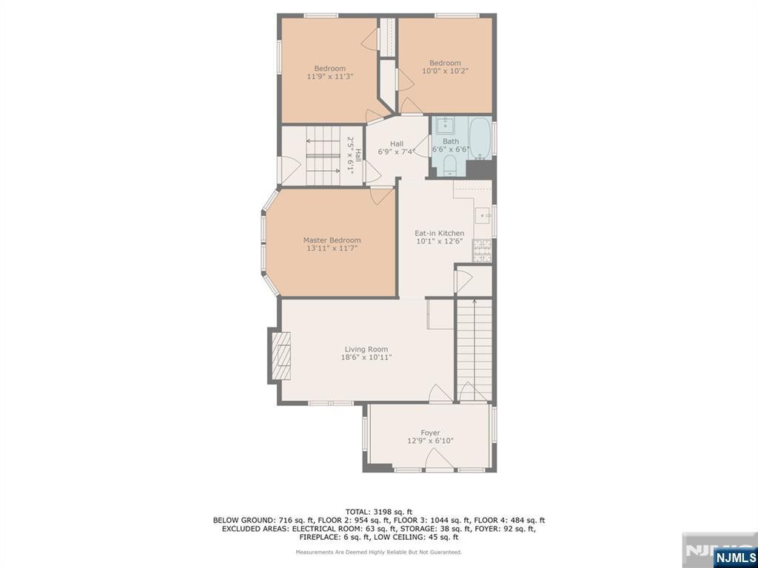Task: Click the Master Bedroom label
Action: pos(332,240)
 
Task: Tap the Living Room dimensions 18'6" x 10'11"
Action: pos(366,357)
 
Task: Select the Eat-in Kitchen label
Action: pos(439,234)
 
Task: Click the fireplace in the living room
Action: pos(282,354)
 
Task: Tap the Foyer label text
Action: pos(430,433)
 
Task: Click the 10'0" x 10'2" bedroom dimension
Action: pos(445,71)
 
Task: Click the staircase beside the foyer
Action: pos(474,348)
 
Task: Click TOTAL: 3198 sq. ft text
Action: pos(379,511)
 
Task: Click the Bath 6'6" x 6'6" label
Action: pos(451,145)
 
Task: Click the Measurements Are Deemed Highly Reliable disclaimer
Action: pos(379,552)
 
